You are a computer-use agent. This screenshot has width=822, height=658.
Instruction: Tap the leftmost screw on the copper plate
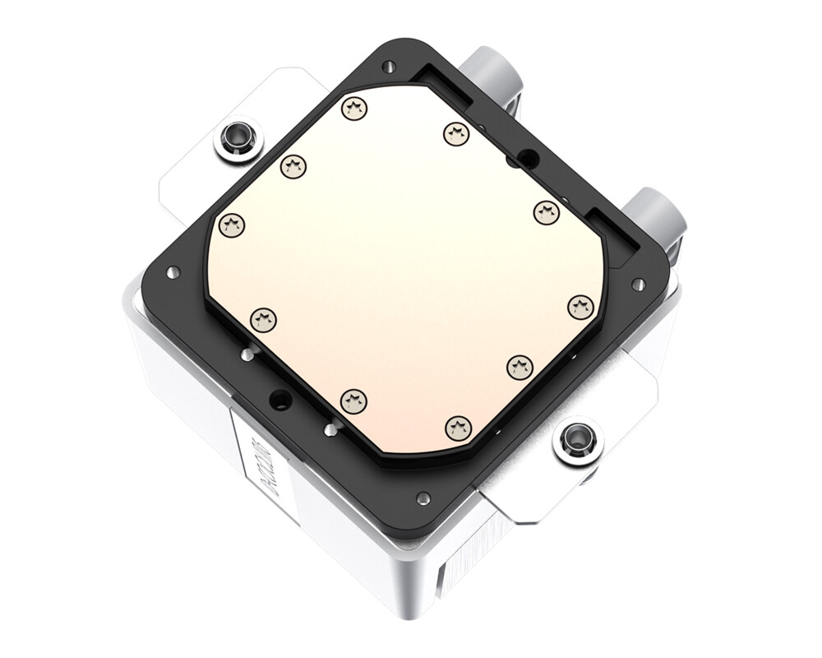tap(233, 224)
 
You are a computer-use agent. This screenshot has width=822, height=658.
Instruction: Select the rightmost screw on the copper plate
tap(580, 307)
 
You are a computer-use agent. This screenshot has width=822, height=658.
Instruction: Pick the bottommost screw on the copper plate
tap(459, 427)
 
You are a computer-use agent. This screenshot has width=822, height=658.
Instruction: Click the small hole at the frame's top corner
tap(390, 67)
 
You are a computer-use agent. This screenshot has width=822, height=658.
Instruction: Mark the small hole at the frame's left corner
tap(172, 272)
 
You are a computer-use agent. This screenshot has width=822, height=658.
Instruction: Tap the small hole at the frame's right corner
tap(637, 285)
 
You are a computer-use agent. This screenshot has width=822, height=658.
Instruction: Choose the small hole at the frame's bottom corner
tap(423, 498)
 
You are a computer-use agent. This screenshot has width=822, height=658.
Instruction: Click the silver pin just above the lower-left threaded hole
tap(246, 355)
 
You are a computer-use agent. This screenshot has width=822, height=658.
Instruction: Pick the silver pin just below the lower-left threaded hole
tap(330, 429)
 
